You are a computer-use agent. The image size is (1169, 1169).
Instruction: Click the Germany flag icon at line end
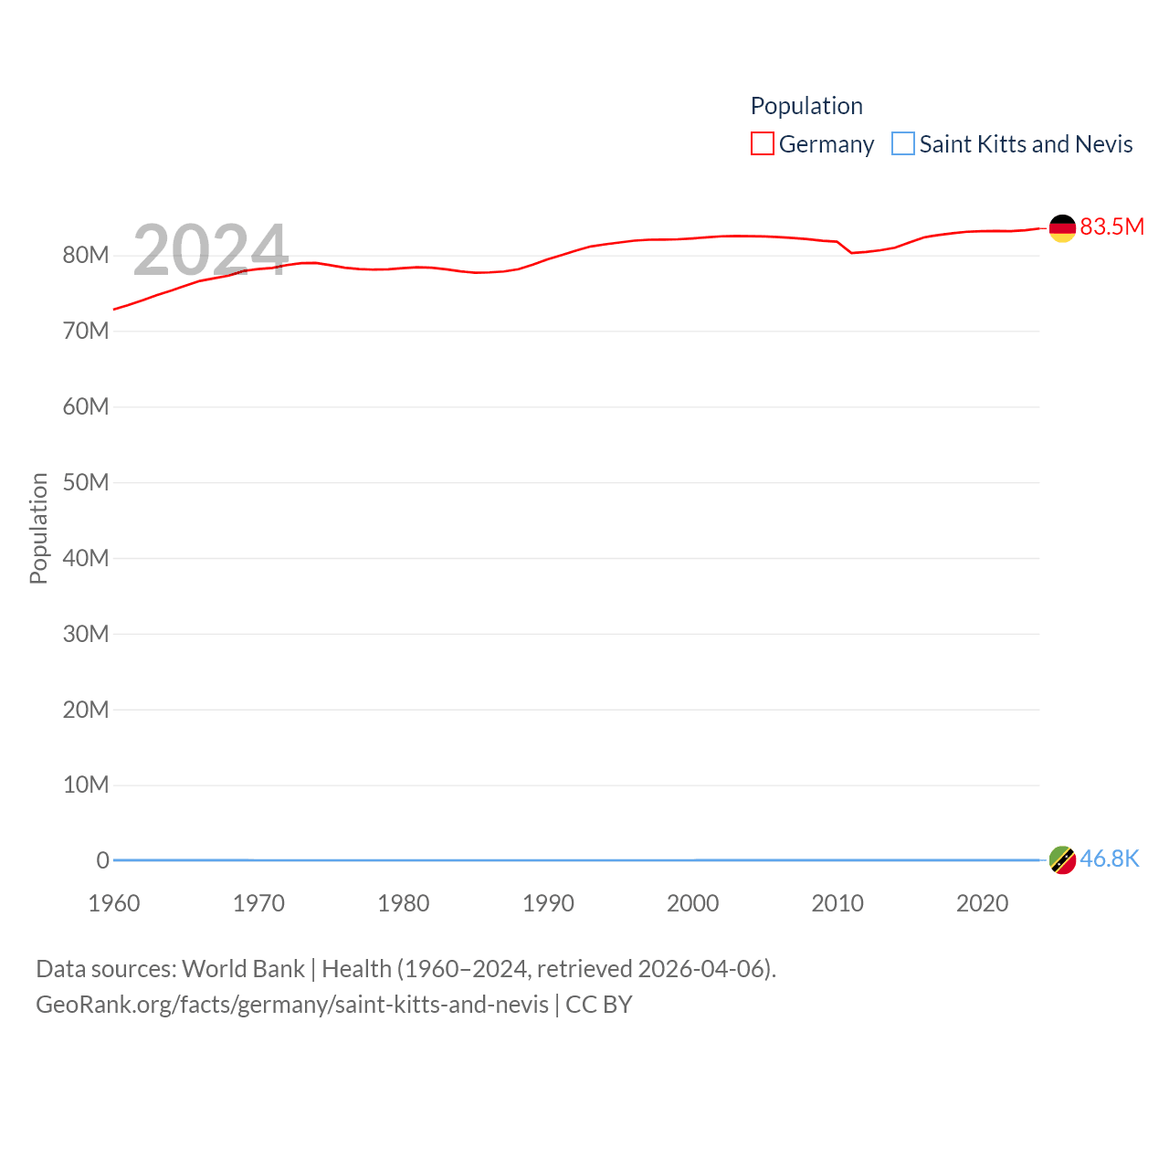1062,228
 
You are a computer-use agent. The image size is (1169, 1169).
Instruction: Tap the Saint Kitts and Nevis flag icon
1062,859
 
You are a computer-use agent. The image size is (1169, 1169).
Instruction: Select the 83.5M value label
1111,226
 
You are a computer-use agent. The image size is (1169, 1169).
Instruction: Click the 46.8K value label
1109,859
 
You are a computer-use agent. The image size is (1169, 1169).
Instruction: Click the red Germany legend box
762,144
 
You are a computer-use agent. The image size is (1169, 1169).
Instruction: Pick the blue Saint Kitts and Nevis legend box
902,144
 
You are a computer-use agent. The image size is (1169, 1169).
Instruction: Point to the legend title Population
806,106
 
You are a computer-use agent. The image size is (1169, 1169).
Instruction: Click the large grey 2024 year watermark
210,250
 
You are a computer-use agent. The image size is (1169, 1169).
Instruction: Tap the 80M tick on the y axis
86,256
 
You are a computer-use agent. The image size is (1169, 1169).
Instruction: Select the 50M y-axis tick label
86,482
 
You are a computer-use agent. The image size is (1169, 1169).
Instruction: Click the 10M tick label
86,785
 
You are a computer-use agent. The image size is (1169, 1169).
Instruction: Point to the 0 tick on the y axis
102,860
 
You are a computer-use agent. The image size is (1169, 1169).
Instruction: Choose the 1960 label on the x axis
114,903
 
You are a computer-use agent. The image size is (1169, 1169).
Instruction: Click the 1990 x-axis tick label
548,903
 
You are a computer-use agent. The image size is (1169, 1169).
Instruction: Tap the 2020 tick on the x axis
982,903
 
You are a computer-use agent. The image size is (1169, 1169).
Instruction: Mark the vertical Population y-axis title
38,528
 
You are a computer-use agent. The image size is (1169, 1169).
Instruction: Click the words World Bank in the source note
243,969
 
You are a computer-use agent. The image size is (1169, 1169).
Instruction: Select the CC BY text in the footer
599,1005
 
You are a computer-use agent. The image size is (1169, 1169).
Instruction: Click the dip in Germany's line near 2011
852,252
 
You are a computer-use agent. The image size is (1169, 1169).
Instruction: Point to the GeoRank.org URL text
292,1005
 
